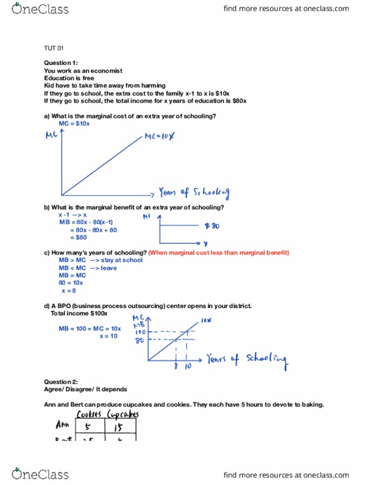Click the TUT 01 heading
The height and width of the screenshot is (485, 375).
point(54,48)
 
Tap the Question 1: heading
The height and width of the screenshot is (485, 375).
point(61,63)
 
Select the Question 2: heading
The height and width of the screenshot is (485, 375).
point(61,382)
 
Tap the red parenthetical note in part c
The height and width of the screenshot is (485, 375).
point(219,253)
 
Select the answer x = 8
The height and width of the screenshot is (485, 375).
point(68,291)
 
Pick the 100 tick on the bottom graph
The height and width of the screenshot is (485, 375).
point(141,331)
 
